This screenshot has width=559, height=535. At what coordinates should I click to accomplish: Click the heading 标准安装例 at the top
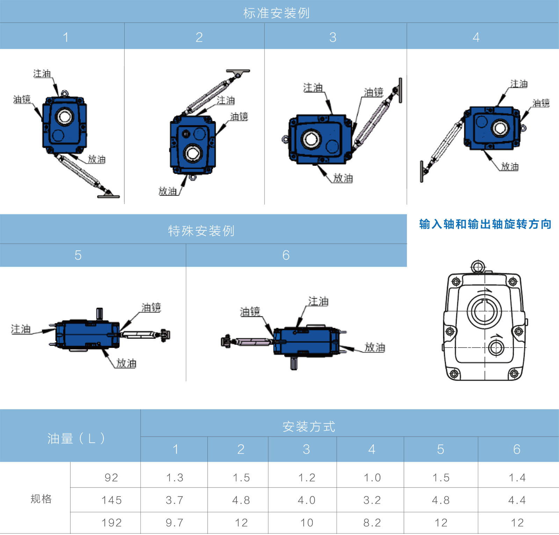pos(276,13)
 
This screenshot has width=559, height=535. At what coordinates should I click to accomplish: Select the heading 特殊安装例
pos(201,231)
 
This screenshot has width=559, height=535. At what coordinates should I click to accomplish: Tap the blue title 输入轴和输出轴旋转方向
pos(485,224)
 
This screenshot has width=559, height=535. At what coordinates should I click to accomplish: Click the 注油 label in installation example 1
pos(42,73)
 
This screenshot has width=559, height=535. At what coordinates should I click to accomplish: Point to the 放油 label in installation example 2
pos(168,191)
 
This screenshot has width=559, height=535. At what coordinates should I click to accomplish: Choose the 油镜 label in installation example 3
pos(373,92)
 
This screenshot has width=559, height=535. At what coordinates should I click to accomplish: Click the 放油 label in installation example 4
pos(510,166)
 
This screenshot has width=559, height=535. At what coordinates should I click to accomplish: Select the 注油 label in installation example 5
pos(21,329)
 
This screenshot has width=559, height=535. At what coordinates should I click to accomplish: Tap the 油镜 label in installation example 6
pos(250,312)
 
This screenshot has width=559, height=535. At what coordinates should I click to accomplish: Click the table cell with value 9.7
pos(174,523)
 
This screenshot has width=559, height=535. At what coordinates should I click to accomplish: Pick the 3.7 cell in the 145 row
pos(174,500)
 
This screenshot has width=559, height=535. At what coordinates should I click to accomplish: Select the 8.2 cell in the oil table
pos(372,523)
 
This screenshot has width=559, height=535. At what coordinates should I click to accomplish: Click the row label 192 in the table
pos(111,523)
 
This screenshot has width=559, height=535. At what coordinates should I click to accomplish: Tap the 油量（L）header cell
pos(76,438)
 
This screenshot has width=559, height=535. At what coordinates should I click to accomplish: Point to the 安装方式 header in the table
pos(309,427)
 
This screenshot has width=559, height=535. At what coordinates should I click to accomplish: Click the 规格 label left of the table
pos(41,499)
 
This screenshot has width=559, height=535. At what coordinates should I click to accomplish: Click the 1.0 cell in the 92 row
pos(372,478)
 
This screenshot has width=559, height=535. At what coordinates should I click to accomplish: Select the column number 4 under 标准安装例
pos(476,37)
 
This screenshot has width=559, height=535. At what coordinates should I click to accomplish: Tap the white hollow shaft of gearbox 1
pos(65,116)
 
